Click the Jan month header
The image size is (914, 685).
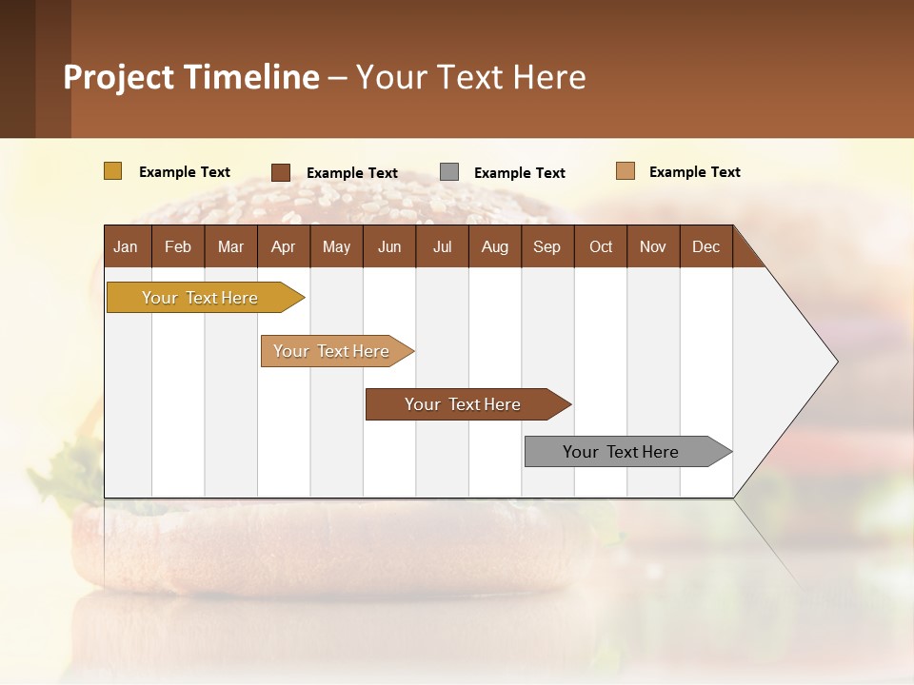tap(126, 246)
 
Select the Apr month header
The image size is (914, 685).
tap(283, 246)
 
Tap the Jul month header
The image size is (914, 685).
tap(442, 246)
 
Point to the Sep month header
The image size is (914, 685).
tap(546, 246)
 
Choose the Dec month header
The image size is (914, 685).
tap(705, 246)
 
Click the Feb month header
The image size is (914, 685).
tap(178, 246)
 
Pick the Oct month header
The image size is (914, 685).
tap(601, 246)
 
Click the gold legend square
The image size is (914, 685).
tap(112, 171)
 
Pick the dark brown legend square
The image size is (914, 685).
tap(281, 172)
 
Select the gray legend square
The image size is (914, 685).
tap(449, 172)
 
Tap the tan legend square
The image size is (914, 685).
tap(625, 171)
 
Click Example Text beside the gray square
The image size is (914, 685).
tap(519, 173)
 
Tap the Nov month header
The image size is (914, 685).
tap(653, 246)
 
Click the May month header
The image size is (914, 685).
tap(336, 246)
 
